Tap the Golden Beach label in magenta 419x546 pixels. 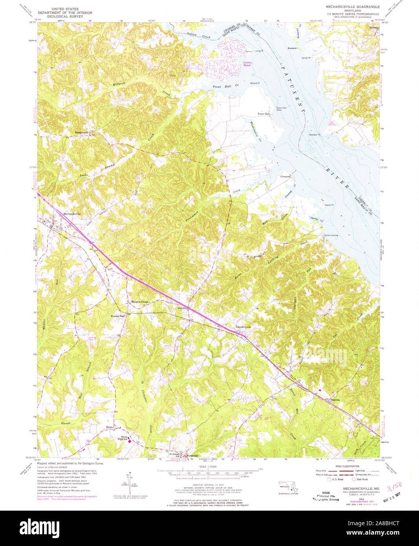[x=247, y=64]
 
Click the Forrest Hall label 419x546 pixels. [x=118, y=316]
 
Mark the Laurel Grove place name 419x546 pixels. [x=243, y=327]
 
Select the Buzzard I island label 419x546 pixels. [x=293, y=48]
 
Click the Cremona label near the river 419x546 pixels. [x=285, y=177]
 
